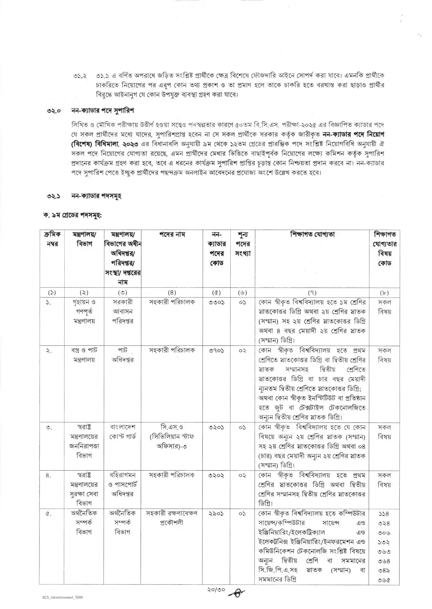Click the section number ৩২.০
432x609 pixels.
(54, 111)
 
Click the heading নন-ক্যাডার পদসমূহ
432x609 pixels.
(96, 196)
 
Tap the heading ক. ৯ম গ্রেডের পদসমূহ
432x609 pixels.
(72, 216)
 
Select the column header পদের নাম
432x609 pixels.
(172, 234)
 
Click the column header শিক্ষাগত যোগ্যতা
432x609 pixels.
(312, 234)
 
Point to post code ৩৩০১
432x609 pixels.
(216, 302)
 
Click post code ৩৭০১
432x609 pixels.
(216, 350)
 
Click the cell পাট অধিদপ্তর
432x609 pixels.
(123, 355)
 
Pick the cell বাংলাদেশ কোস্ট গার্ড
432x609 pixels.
(123, 432)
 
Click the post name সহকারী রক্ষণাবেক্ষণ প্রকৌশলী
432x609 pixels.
(172, 518)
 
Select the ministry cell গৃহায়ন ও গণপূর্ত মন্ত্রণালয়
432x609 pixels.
(84, 311)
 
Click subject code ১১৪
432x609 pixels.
(384, 514)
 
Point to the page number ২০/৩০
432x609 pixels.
(216, 590)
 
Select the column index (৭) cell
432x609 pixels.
(312, 293)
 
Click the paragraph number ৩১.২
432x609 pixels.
(80, 76)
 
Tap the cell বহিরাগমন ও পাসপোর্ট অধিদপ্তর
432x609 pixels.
(123, 484)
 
